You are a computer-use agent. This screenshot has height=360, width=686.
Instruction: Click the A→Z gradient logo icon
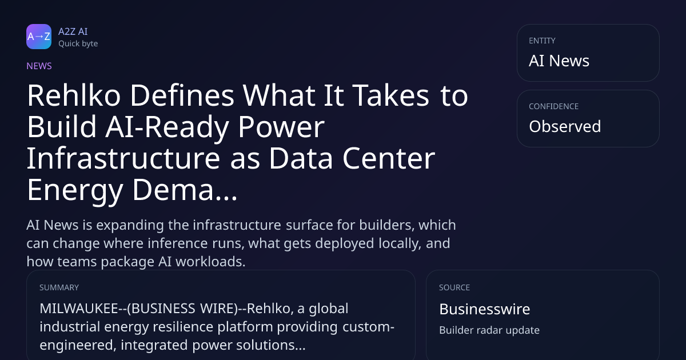(39, 37)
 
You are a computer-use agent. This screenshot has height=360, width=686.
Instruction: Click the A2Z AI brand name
(73, 31)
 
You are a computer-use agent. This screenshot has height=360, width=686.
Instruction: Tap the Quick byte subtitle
(78, 44)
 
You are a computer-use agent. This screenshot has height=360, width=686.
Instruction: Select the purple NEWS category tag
(39, 66)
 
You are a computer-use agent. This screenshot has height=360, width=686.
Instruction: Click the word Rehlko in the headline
(74, 95)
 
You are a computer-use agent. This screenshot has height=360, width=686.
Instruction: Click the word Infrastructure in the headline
(123, 158)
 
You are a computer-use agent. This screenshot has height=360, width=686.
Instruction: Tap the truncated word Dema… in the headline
(185, 190)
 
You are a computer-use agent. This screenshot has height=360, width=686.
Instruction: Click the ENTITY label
(542, 41)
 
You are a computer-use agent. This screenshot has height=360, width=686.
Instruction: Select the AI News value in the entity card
(559, 61)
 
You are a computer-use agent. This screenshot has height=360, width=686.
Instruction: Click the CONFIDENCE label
(554, 106)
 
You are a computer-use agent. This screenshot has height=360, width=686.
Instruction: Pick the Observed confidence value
(565, 126)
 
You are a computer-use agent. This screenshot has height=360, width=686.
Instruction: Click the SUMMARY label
(59, 287)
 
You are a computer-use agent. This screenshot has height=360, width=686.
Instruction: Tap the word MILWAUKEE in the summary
(79, 309)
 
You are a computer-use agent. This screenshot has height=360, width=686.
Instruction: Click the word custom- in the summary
(368, 327)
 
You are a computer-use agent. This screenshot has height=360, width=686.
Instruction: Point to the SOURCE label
(454, 287)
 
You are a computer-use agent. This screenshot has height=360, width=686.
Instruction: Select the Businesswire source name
(485, 309)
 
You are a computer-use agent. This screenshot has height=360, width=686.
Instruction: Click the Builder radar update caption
(489, 330)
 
